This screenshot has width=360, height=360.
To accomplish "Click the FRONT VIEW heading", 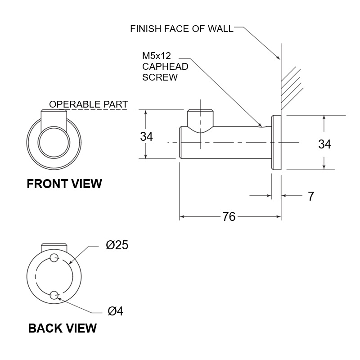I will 64,184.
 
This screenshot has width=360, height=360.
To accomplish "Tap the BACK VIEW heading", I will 62,328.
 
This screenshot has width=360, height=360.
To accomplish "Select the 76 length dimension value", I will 229,217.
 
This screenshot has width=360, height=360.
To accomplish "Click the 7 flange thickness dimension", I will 310,196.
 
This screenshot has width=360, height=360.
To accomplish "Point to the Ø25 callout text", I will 117,246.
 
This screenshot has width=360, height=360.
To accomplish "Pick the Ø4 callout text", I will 115,311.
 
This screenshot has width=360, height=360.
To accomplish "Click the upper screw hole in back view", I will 54,258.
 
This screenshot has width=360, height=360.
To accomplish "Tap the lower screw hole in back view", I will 54,295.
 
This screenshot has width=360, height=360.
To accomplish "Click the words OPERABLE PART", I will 89,104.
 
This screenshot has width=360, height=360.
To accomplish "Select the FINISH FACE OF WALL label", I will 182,29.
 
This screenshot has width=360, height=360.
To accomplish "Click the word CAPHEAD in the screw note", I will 165,67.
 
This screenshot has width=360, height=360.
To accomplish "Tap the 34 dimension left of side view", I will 147,136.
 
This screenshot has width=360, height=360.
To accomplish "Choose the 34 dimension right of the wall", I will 324,144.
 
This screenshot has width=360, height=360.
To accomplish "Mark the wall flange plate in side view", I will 276,142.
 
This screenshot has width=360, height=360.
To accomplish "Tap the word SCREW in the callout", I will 160,77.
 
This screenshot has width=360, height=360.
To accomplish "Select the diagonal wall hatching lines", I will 291,85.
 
